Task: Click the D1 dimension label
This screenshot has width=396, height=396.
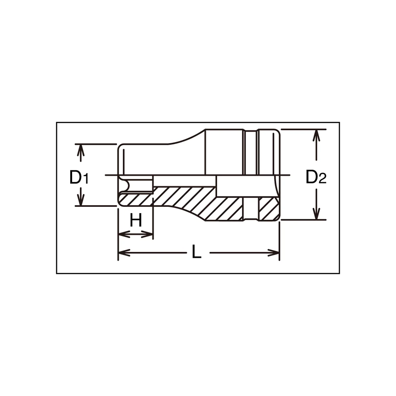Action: pyautogui.click(x=79, y=177)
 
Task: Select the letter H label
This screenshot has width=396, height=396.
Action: pyautogui.click(x=136, y=220)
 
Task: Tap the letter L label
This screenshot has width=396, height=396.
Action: pyautogui.click(x=196, y=251)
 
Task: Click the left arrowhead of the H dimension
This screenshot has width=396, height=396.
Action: pyautogui.click(x=124, y=234)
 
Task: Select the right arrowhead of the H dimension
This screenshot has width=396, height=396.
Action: pyautogui.click(x=147, y=234)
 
